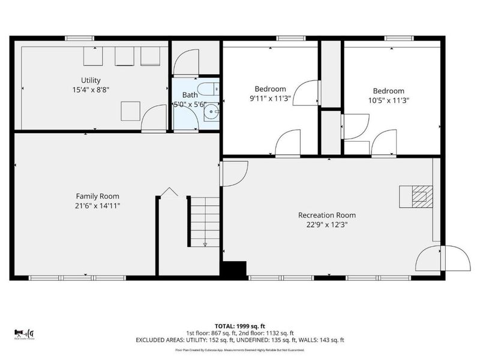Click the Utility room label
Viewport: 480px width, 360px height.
(x=91, y=80)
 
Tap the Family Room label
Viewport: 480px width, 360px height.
(x=97, y=196)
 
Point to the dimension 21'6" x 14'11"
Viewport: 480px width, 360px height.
(x=97, y=206)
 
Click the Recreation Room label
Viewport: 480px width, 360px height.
(x=327, y=215)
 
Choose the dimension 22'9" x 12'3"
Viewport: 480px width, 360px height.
(x=327, y=224)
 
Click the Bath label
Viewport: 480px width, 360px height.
(x=190, y=95)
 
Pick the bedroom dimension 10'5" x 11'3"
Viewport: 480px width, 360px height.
(x=386, y=101)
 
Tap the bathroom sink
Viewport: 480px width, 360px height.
(x=211, y=111)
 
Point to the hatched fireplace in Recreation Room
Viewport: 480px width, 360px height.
(x=419, y=195)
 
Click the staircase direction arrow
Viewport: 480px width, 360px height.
(x=205, y=244)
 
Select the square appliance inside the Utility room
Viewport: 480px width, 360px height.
(x=131, y=112)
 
